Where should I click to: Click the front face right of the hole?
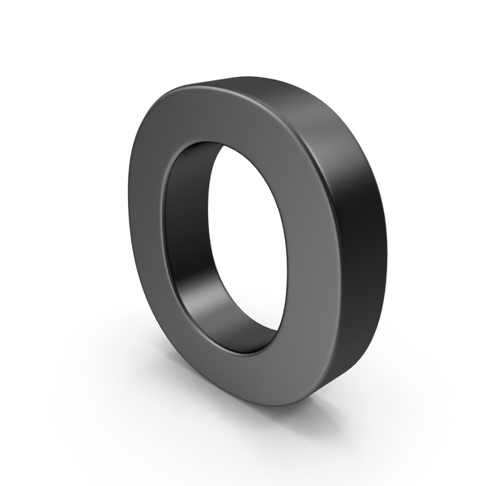pyautogui.click(x=307, y=248)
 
